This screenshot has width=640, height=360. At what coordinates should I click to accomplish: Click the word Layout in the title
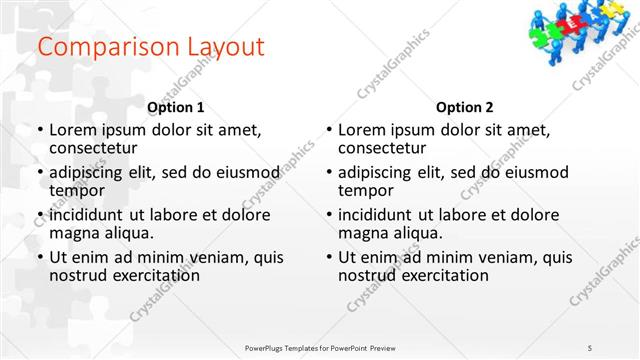point(220,47)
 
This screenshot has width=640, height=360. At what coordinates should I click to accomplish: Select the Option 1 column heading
point(176,107)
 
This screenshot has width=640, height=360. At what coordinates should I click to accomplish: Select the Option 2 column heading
point(465,107)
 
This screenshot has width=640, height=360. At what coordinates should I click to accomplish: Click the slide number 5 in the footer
point(590,347)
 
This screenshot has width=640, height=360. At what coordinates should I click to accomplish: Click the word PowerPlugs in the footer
point(267,347)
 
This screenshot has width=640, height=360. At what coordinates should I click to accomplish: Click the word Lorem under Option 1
point(72,130)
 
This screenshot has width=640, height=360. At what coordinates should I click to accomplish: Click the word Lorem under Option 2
point(361,130)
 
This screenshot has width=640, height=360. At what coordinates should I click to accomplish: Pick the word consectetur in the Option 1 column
point(95,148)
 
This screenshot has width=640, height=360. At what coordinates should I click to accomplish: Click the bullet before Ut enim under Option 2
point(328,257)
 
